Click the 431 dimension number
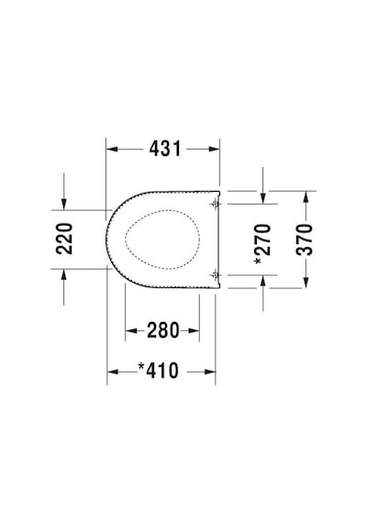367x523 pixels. pyautogui.click(x=165, y=149)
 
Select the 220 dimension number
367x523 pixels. pyautogui.click(x=64, y=239)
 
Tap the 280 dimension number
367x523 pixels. pyautogui.click(x=163, y=330)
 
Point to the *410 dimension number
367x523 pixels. pyautogui.click(x=159, y=372)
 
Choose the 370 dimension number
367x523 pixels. pyautogui.click(x=305, y=239)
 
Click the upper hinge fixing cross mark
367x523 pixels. pyautogui.click(x=216, y=203)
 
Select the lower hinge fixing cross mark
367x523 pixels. pyautogui.click(x=216, y=275)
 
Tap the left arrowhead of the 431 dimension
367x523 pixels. pyautogui.click(x=112, y=149)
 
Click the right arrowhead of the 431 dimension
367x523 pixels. pyautogui.click(x=214, y=149)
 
